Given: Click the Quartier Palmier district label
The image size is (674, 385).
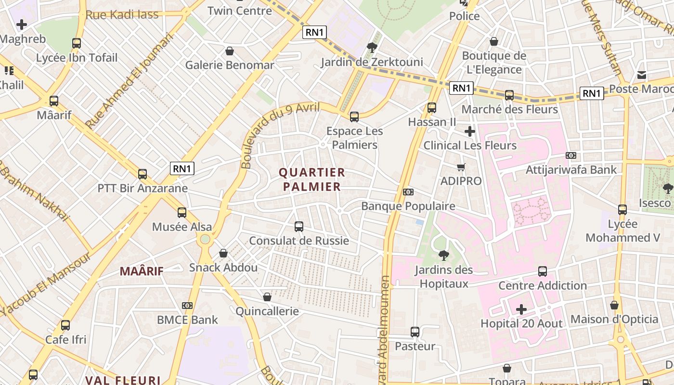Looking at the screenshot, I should (312, 180).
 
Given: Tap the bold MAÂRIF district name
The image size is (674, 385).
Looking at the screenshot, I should (142, 271).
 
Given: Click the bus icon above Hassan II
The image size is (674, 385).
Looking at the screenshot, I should (432, 108).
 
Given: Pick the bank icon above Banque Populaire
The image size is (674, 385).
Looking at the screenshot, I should (408, 192).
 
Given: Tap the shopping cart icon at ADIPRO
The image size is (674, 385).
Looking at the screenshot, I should (461, 167).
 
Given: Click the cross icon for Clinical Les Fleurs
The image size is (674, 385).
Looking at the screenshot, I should (470, 131).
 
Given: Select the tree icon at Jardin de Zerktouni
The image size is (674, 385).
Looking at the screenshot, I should (372, 47).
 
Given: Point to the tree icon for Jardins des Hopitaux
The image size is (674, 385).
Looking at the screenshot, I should (443, 255).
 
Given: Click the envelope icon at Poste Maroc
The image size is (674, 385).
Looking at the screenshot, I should (642, 75).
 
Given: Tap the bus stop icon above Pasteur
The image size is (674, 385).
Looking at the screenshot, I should (415, 332).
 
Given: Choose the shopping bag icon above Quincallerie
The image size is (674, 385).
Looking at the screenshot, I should (267, 297).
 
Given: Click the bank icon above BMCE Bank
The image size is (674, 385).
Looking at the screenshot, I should (187, 306).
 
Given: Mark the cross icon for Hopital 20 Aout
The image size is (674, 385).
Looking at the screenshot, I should (521, 309).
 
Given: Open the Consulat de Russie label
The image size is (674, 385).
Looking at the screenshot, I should (298, 241).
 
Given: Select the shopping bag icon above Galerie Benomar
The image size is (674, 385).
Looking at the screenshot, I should (230, 51).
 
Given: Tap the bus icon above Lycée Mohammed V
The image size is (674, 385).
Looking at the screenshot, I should (622, 210).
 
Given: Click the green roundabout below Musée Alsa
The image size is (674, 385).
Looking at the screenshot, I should (206, 239).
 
